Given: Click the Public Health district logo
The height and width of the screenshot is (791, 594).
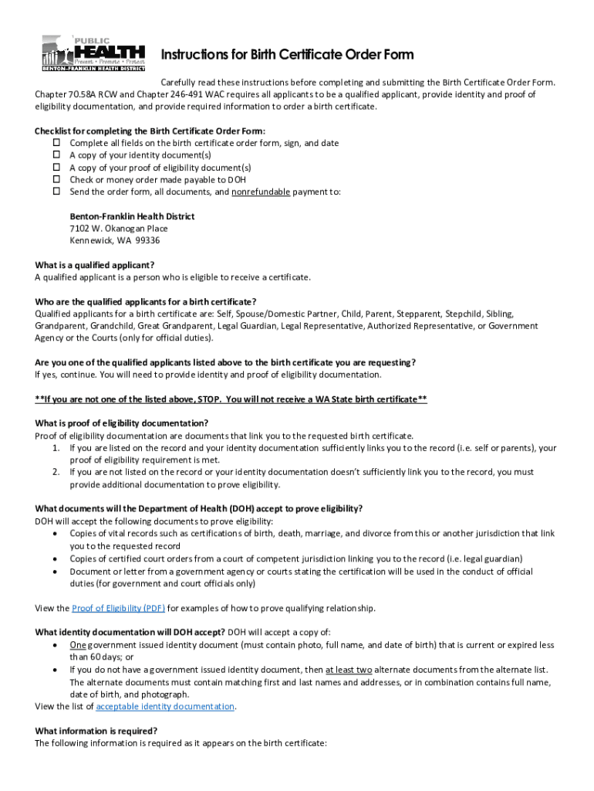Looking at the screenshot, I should (93, 53).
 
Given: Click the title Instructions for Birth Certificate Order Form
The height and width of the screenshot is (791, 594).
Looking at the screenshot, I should (287, 55).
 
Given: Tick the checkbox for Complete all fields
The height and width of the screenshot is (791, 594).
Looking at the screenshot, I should (56, 143).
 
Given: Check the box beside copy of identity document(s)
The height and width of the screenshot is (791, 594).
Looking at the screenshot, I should (56, 155).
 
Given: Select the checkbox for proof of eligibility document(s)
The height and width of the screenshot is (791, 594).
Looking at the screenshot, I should (56, 168).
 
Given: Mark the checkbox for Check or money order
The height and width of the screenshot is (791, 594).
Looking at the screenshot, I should (56, 179).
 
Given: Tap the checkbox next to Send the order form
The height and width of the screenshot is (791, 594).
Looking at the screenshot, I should (56, 192).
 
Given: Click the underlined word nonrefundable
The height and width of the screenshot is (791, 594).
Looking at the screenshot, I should (261, 192).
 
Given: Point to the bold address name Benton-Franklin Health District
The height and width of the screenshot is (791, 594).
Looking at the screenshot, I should (132, 216).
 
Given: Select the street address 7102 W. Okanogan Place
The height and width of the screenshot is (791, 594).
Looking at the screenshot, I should (119, 229).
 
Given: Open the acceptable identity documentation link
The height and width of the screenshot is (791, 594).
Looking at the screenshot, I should (165, 706).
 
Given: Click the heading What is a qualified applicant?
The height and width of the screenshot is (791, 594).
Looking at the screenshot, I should (95, 265).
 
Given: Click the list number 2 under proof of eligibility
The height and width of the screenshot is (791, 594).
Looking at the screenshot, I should (56, 472).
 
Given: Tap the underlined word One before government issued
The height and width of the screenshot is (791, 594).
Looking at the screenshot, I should (77, 645).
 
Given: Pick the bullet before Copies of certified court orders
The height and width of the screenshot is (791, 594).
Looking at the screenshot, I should (56, 558).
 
